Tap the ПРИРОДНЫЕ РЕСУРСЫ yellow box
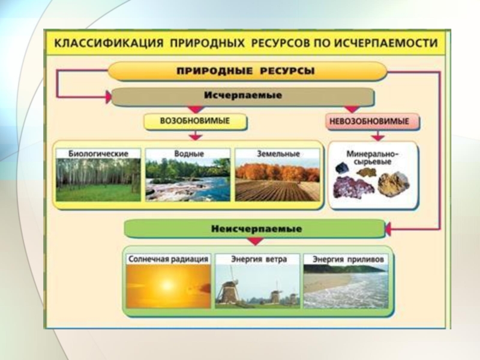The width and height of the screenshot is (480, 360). pos(246,71)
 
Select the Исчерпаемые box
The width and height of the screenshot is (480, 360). pos(243,97)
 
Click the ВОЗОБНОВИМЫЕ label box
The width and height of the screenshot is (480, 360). pos(195,122)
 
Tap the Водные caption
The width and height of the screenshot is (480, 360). pos(187,154)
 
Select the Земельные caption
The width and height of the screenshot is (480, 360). pos(277,154)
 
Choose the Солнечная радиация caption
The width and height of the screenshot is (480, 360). pos(168,259)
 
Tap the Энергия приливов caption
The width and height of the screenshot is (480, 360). pos(346,259)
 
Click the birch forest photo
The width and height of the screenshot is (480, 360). pos(98,179)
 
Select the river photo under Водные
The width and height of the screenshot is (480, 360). pos(187,179)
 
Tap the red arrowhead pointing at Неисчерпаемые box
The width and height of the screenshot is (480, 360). pos(388,229)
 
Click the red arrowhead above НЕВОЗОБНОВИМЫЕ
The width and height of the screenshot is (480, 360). pos(352,109)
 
